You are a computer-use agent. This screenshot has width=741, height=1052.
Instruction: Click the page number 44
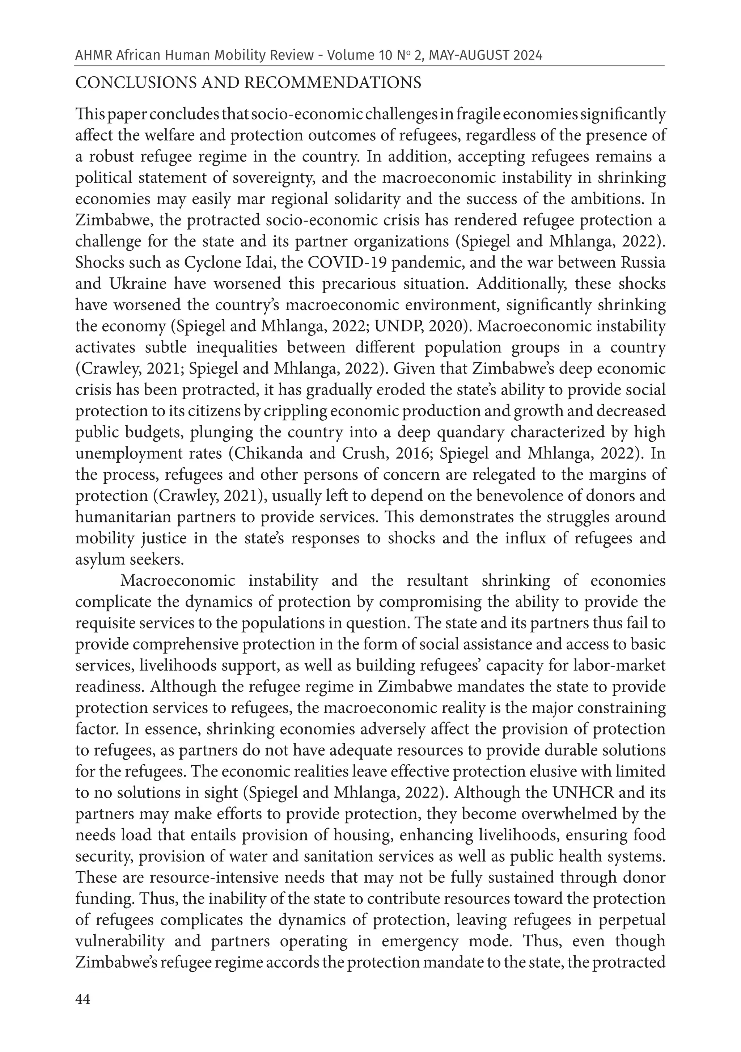pos(83,999)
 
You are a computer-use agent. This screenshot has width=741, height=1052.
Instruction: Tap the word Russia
pos(643,262)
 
